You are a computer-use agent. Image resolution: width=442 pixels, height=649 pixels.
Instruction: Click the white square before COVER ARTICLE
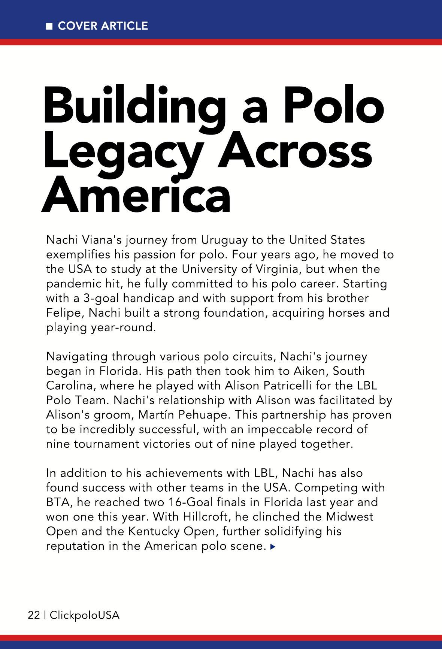point(49,26)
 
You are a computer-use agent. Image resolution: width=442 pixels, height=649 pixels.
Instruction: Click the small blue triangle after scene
point(273,547)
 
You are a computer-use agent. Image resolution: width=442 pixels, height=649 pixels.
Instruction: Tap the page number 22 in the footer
point(34,615)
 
